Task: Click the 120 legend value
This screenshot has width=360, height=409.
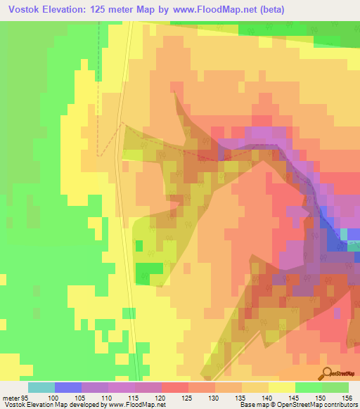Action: pyautogui.click(x=160, y=398)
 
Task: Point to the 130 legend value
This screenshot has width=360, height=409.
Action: pyautogui.click(x=213, y=398)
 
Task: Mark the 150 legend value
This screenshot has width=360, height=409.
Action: pyautogui.click(x=320, y=398)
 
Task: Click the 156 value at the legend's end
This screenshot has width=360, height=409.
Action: pyautogui.click(x=345, y=398)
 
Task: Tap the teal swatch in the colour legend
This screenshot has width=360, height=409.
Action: pyautogui.click(x=41, y=387)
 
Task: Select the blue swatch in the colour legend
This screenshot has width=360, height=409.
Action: pyautogui.click(x=67, y=387)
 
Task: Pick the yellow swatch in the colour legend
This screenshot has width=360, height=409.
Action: pyautogui.click(x=281, y=387)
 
